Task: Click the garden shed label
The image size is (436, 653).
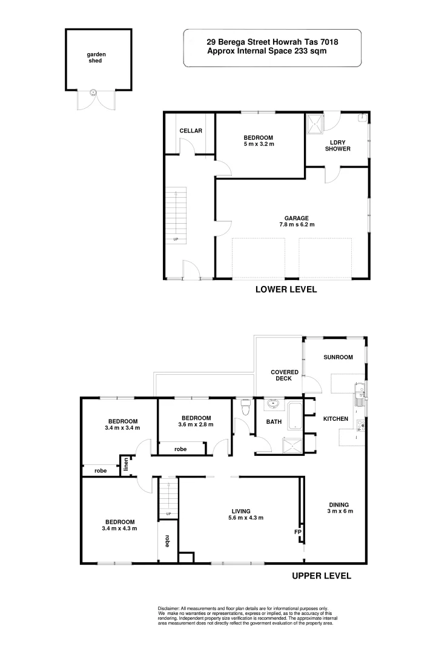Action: (96, 58)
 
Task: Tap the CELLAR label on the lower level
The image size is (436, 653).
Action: (191, 131)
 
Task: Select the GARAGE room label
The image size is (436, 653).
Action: (297, 218)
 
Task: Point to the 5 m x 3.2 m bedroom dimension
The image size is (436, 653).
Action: (259, 144)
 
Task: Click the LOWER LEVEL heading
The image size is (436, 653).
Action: (286, 290)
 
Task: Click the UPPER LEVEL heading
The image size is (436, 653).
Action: (321, 576)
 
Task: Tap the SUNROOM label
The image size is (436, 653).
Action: (337, 357)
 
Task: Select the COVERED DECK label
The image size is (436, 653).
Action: (282, 375)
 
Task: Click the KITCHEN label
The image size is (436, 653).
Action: (335, 419)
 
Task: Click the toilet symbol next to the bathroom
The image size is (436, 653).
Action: (245, 408)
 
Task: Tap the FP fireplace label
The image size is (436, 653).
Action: (297, 532)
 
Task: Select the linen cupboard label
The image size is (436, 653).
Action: (127, 466)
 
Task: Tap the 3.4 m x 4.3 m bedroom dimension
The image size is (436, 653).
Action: (121, 528)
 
